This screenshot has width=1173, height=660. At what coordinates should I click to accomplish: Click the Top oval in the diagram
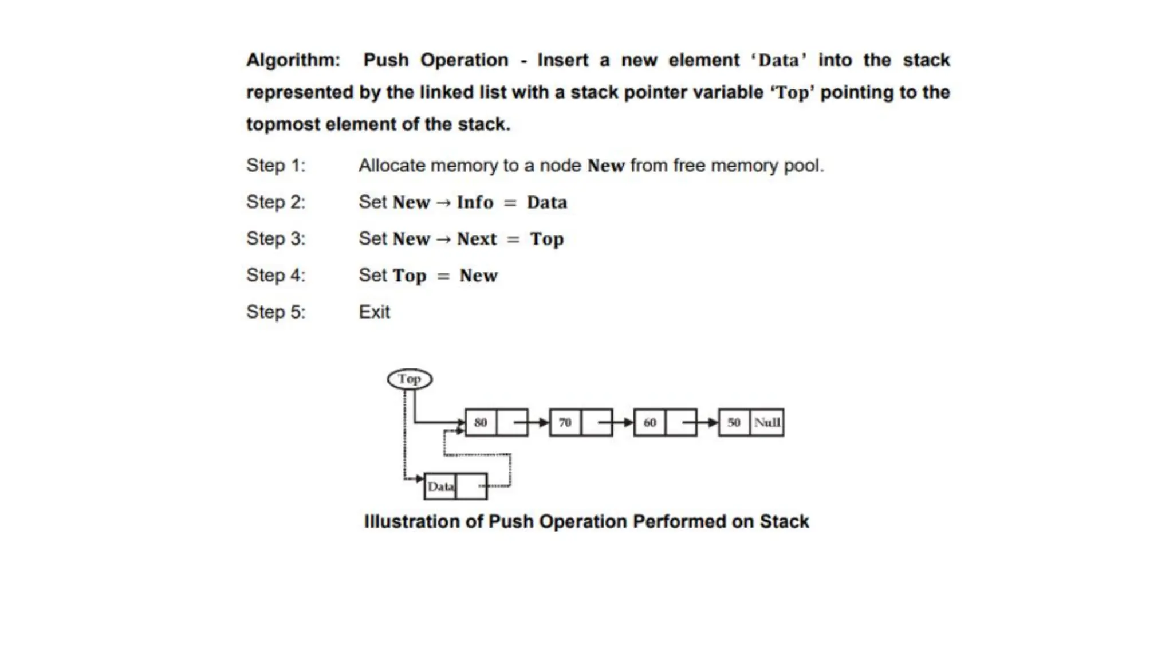(410, 379)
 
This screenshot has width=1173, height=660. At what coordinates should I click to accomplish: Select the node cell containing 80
(481, 423)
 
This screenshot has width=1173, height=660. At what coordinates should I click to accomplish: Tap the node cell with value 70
(565, 423)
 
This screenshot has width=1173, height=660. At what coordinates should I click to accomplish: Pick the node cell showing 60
(650, 423)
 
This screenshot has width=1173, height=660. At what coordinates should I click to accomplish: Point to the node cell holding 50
(734, 423)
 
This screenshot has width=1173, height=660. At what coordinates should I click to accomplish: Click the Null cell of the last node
(767, 423)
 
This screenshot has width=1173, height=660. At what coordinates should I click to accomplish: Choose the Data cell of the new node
(440, 486)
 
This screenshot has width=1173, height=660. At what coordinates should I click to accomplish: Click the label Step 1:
(275, 166)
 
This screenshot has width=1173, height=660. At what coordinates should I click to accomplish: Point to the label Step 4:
(275, 276)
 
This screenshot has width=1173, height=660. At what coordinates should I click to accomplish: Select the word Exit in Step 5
(374, 312)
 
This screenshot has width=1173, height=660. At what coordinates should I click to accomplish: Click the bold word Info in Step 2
(475, 202)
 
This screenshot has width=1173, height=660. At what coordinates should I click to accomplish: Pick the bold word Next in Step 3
(477, 239)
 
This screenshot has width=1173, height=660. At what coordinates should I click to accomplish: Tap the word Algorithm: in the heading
(293, 60)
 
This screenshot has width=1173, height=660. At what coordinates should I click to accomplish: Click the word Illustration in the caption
(412, 522)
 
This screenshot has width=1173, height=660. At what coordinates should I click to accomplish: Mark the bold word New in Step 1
(605, 166)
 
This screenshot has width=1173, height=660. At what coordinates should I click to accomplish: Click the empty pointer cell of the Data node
(471, 486)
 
